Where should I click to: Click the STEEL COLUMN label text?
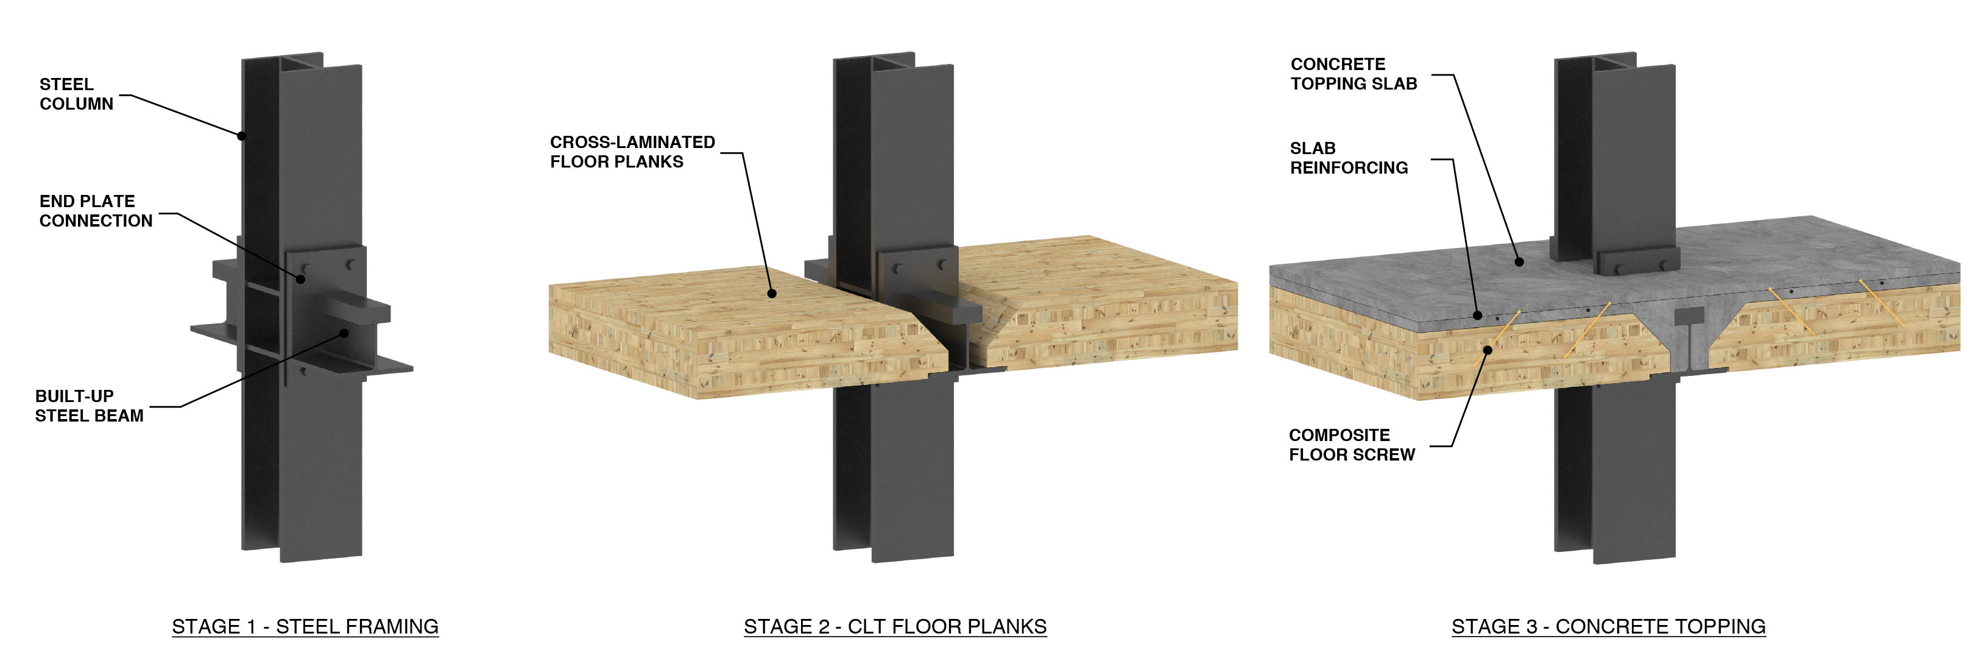click(x=76, y=94)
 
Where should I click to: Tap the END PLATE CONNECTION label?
click(x=95, y=211)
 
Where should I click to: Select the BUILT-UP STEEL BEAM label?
click(x=89, y=406)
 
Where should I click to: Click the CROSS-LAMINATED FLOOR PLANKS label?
click(x=632, y=152)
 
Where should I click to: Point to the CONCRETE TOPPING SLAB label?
click(x=1353, y=74)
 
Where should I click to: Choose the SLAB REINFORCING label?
click(x=1349, y=158)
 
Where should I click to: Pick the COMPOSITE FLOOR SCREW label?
click(x=1352, y=445)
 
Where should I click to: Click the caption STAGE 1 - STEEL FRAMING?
click(x=305, y=626)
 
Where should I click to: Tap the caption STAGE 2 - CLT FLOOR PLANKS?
click(x=895, y=626)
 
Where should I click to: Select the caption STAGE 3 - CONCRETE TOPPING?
click(x=1608, y=626)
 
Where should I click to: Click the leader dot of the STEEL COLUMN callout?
click(x=241, y=136)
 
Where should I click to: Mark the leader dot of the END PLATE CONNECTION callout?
click(x=301, y=278)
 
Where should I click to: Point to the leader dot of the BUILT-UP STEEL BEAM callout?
click(x=345, y=333)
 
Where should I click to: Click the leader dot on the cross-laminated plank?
click(x=771, y=293)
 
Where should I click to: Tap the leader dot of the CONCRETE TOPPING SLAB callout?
click(x=1519, y=262)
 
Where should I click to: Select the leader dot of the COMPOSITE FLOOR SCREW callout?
click(x=1487, y=350)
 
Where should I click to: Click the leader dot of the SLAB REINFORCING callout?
click(x=1477, y=316)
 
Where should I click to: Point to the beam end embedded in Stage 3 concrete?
click(x=1689, y=317)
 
